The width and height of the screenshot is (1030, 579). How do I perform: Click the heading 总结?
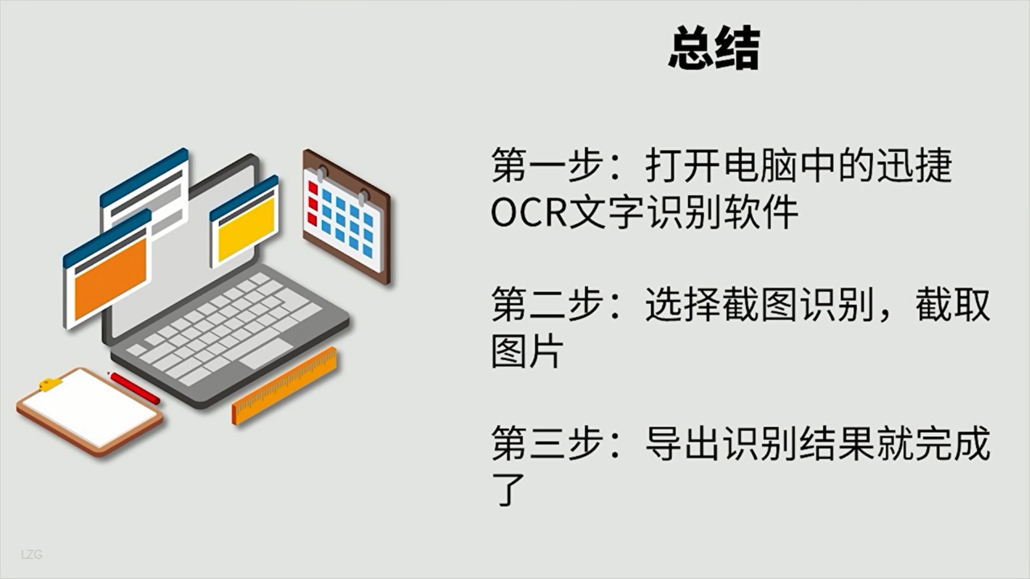[714, 48]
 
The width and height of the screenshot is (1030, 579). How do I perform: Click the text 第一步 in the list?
[547, 165]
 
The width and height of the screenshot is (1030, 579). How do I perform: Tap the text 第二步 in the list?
[547, 304]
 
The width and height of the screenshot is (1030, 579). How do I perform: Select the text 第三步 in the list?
[547, 443]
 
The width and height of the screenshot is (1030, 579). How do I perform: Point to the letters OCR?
[529, 212]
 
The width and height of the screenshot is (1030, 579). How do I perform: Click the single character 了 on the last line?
[509, 490]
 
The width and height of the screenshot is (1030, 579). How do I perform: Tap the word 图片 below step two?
[527, 351]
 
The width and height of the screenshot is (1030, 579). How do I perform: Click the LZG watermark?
[31, 555]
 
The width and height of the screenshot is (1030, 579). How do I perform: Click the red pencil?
[134, 388]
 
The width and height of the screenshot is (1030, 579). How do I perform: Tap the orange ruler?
[285, 386]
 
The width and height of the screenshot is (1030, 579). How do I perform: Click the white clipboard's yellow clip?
[50, 384]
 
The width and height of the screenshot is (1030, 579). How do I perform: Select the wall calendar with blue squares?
[347, 216]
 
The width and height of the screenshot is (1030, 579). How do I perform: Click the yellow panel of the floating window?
[246, 228]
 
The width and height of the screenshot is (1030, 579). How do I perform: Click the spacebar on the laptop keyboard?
[266, 354]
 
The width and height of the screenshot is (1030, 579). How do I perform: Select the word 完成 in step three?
[953, 443]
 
